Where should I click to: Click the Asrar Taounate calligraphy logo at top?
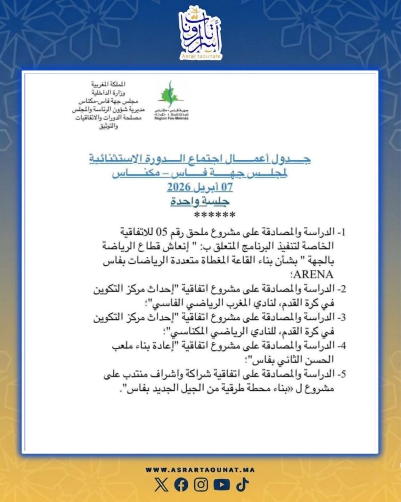(x=200, y=30)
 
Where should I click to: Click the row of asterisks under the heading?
(x=214, y=216)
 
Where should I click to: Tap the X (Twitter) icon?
(x=161, y=485)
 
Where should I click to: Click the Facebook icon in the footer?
(x=181, y=485)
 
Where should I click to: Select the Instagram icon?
(x=201, y=485)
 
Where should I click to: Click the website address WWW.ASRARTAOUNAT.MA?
(x=200, y=470)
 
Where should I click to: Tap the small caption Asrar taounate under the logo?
(x=200, y=57)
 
